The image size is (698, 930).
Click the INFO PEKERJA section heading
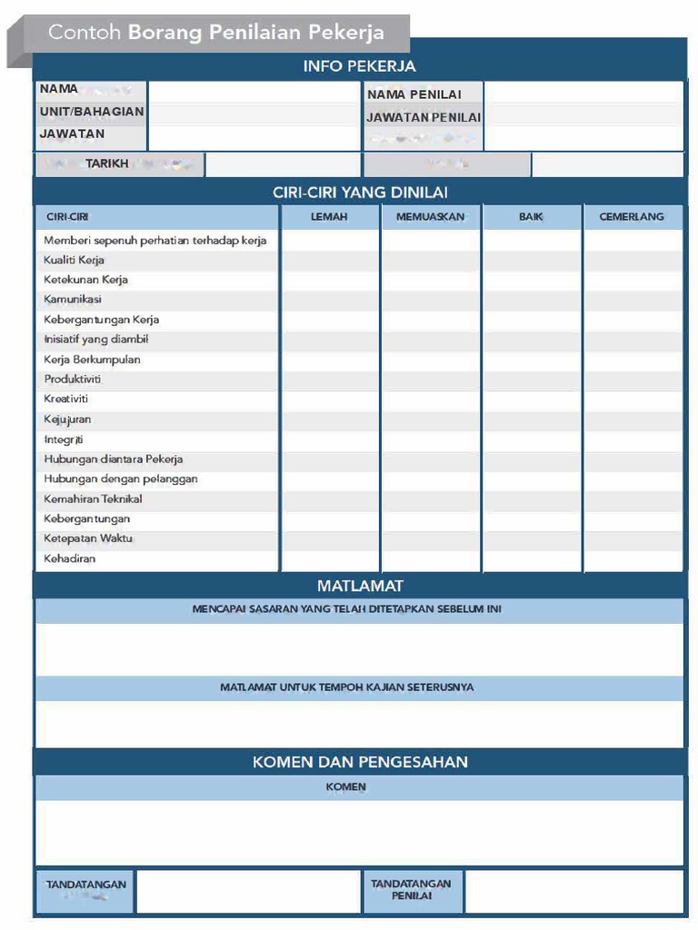[359, 66]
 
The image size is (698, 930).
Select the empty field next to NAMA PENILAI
[583, 94]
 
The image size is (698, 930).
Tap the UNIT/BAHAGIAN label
[91, 112]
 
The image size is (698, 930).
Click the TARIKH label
[107, 164]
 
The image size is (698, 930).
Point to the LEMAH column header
[329, 217]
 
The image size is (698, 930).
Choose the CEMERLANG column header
[632, 217]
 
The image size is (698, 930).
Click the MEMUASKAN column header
[430, 217]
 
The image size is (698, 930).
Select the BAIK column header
[531, 217]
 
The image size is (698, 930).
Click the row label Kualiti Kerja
[75, 260]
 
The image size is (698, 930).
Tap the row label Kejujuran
[67, 420]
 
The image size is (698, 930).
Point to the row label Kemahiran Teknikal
[93, 499]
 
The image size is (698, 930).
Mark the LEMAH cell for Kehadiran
[329, 559]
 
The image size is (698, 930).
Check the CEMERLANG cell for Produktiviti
[632, 380]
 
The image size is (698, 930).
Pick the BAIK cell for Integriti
[531, 440]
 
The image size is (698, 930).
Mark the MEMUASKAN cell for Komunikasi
[430, 300]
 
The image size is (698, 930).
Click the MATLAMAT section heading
[360, 586]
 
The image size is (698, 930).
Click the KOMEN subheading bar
[345, 787]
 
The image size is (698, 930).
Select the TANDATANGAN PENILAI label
[411, 889]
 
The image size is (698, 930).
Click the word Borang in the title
[165, 33]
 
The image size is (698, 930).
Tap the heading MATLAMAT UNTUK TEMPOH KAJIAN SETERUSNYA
[346, 688]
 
